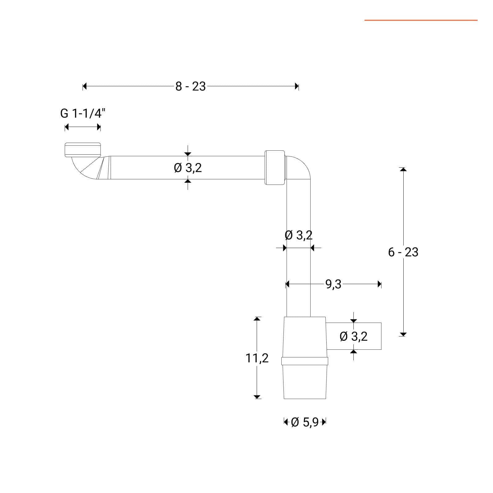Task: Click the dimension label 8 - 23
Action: coord(190,87)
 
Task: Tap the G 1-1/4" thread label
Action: coord(83,113)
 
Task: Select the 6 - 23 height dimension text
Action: coord(403,252)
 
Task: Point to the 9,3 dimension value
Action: coord(333,284)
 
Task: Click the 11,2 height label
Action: coord(257,358)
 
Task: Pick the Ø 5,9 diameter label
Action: coord(304,422)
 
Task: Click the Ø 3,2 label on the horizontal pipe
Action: coord(188,168)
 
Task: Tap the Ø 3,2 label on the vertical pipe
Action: coord(299,235)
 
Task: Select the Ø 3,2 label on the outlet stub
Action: coord(353,336)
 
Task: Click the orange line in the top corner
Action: coord(421,20)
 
